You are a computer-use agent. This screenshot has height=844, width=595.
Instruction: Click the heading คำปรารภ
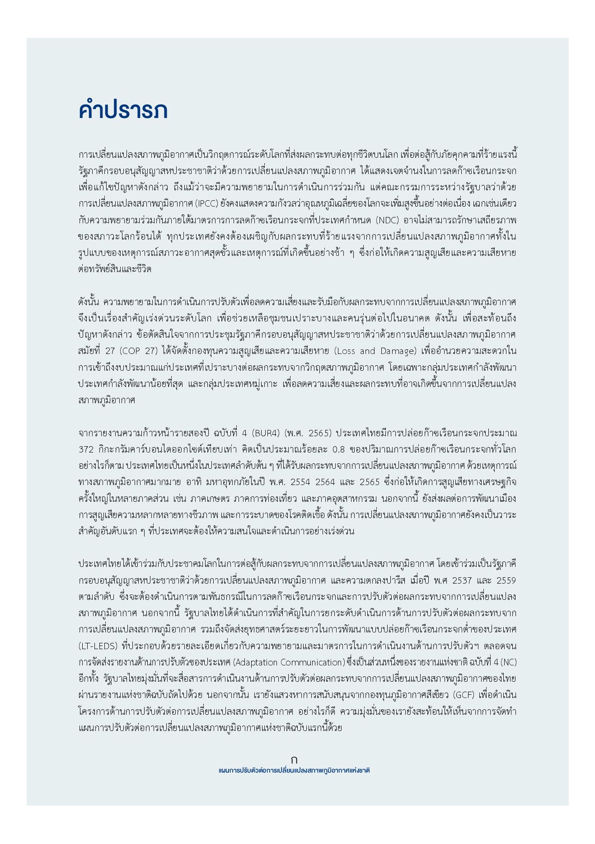click(123, 110)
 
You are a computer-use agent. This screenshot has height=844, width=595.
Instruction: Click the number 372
click(86, 450)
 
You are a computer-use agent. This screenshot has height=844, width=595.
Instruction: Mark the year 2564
click(325, 482)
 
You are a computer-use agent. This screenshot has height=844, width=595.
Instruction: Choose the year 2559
click(506, 580)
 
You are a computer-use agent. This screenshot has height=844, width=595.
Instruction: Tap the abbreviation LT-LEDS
click(98, 646)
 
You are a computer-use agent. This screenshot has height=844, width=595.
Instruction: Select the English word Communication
click(312, 662)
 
